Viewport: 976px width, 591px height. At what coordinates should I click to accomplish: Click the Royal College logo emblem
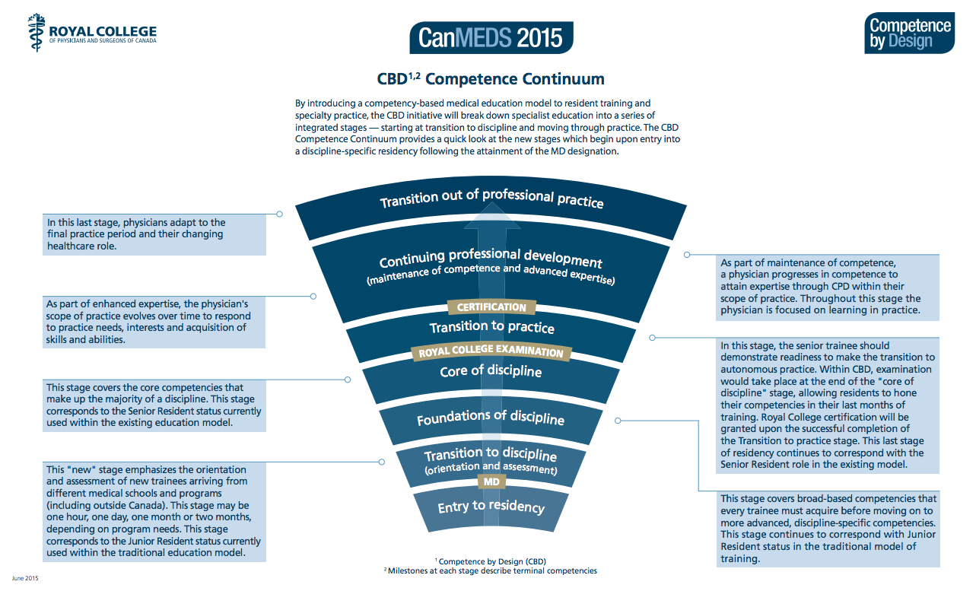[37, 33]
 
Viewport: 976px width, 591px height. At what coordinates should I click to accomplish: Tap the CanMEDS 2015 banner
[491, 37]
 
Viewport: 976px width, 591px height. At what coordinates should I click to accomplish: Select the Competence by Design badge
[909, 33]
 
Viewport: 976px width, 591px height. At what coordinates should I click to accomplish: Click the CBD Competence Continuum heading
[491, 79]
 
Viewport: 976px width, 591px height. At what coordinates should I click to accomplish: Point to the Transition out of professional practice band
[491, 200]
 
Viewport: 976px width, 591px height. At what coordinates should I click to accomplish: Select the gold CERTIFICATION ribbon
[491, 307]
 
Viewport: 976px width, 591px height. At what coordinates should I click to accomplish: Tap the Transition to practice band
[491, 327]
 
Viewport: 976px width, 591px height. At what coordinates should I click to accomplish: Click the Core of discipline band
[491, 371]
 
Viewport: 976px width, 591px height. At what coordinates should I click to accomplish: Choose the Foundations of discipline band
[491, 418]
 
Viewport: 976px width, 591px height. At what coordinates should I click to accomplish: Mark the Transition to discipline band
[491, 459]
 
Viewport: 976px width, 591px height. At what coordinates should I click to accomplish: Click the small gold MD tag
[491, 482]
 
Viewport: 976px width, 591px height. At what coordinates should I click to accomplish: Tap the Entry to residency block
[491, 507]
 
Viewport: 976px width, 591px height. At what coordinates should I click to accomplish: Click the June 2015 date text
[24, 579]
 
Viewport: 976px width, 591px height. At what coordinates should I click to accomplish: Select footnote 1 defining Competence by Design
[491, 561]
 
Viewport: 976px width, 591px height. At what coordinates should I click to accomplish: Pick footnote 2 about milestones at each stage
[491, 570]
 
